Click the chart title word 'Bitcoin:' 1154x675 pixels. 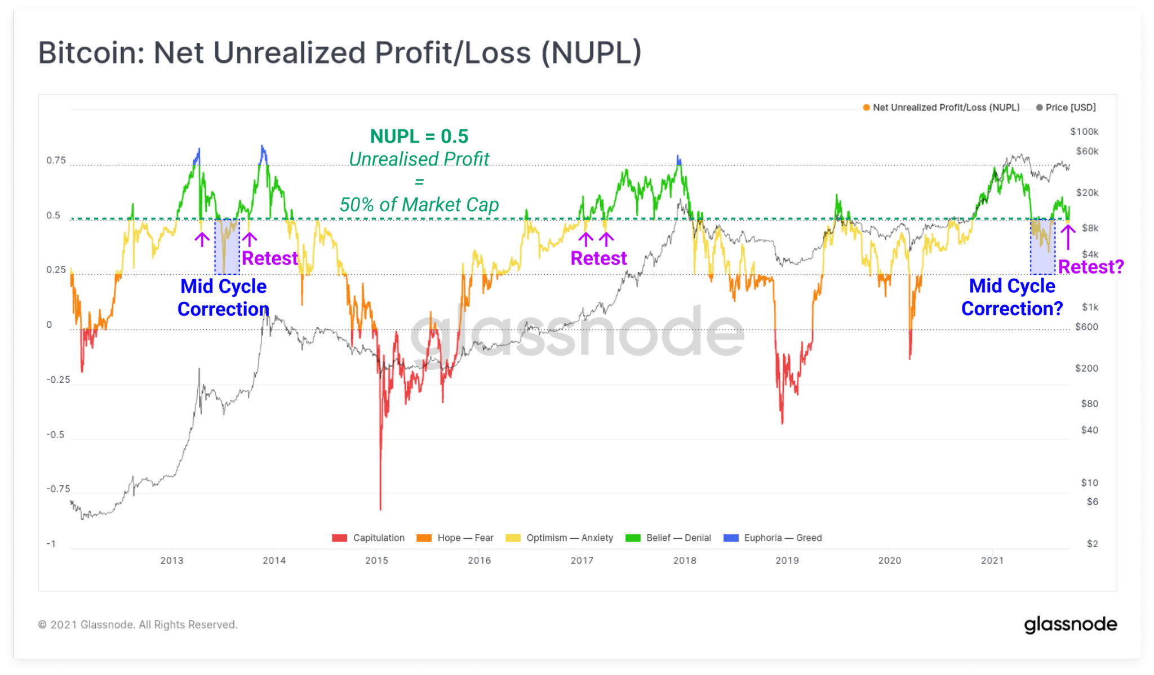91,53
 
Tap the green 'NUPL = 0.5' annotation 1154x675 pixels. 419,136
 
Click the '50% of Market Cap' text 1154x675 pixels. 419,205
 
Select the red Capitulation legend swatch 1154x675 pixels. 340,538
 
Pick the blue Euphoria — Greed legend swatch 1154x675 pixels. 731,538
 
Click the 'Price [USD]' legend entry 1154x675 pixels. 1070,108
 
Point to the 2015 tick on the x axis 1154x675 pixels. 376,560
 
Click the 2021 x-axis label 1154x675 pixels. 992,560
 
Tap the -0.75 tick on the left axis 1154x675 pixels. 58,489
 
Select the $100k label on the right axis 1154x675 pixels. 1084,132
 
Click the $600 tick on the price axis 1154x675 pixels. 1086,327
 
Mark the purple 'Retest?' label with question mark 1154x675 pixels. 1091,267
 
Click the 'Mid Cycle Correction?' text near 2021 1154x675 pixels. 1012,297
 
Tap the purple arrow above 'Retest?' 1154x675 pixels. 1068,237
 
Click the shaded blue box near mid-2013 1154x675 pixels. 227,247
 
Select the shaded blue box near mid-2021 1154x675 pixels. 1042,247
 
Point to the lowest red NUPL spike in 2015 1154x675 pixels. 380,508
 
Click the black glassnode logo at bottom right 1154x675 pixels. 1070,624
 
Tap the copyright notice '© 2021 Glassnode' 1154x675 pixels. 137,625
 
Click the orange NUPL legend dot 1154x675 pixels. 867,108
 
